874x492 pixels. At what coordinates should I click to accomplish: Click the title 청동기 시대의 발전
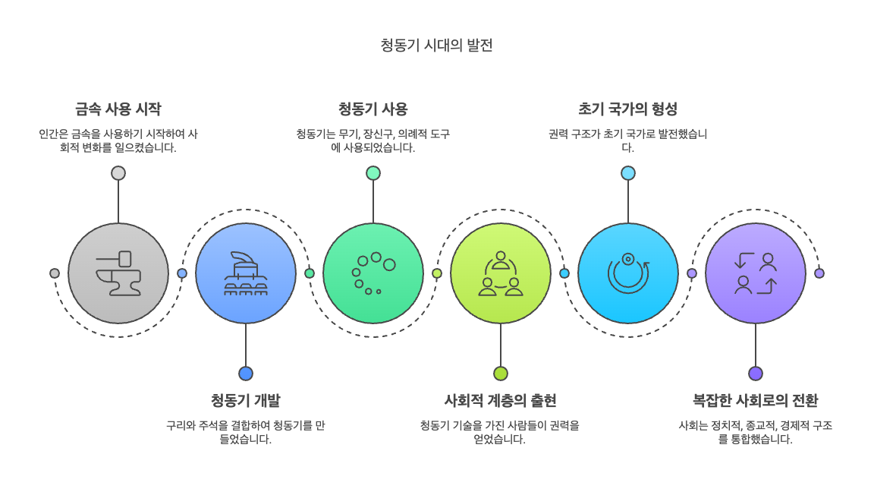(436, 46)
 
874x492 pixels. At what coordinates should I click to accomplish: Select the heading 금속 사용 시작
(118, 109)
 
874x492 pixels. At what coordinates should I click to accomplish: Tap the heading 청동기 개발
(245, 400)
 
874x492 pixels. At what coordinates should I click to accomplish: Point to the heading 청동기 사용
(373, 109)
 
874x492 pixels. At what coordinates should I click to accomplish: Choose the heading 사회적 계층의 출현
(500, 400)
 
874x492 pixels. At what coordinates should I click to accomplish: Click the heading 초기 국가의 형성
(627, 109)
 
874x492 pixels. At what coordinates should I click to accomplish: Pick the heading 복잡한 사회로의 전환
(755, 400)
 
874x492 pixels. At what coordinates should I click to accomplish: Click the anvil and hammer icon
(118, 273)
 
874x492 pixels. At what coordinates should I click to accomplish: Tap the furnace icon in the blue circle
(246, 273)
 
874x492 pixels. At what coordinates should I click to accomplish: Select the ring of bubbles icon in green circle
(373, 273)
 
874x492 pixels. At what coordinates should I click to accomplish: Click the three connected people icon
(501, 273)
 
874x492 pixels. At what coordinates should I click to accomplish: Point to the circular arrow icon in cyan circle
(628, 273)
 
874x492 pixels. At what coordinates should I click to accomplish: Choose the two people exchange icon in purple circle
(756, 273)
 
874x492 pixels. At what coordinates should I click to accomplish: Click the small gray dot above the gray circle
(118, 173)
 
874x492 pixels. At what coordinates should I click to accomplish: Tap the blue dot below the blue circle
(246, 374)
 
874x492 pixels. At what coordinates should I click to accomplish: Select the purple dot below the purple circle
(756, 374)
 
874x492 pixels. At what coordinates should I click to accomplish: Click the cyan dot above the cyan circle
(628, 173)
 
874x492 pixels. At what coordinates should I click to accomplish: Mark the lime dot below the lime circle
(501, 374)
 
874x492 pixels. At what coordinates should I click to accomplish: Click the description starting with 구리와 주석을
(245, 432)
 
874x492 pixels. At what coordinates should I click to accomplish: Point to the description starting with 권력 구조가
(627, 140)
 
